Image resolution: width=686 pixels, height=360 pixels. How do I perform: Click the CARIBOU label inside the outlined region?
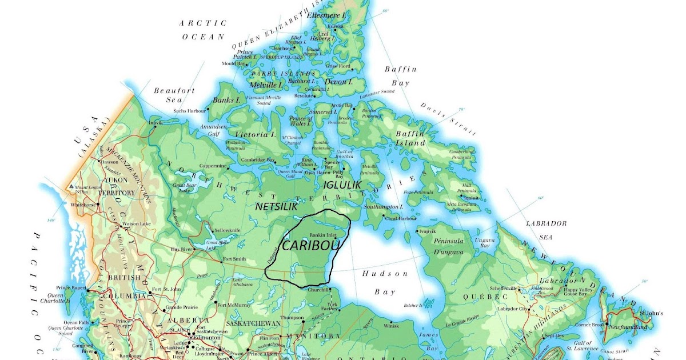tap(310, 245)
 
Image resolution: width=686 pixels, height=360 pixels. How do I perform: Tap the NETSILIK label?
tap(277, 207)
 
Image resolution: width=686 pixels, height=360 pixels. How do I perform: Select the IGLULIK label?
tap(342, 185)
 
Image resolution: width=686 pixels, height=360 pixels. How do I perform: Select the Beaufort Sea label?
tap(174, 95)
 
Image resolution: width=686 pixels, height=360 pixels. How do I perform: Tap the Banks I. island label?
tap(226, 101)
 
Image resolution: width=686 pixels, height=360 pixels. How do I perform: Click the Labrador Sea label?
tap(546, 228)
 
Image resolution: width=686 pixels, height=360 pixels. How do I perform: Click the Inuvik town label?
tap(155, 123)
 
